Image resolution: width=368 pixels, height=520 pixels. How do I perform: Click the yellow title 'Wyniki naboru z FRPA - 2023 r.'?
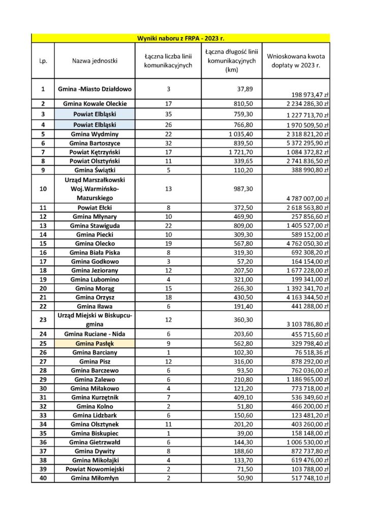pos(180,38)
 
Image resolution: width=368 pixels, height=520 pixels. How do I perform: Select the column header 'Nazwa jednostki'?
pos(95,61)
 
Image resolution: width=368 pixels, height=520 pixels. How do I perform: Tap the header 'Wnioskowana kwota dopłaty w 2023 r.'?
pos(296,61)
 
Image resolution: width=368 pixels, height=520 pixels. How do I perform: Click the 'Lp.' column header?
pos(43,61)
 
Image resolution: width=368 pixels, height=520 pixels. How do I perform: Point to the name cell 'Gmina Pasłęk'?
pos(95,344)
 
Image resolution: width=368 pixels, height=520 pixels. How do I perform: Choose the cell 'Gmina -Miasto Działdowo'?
pos(95,89)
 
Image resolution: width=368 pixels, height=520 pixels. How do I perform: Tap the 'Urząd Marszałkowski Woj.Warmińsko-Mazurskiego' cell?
pos(95,189)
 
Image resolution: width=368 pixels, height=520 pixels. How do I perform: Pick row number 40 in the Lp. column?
pos(43,478)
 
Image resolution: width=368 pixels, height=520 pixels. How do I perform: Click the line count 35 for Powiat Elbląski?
pos(168,114)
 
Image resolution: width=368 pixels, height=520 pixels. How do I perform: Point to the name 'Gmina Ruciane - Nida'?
pos(95,334)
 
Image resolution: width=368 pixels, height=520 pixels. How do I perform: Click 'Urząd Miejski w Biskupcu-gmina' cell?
pos(95,319)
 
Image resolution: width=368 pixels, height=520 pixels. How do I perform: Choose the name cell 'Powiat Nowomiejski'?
pos(95,469)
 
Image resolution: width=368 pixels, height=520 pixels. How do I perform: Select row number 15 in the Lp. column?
pos(43,244)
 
